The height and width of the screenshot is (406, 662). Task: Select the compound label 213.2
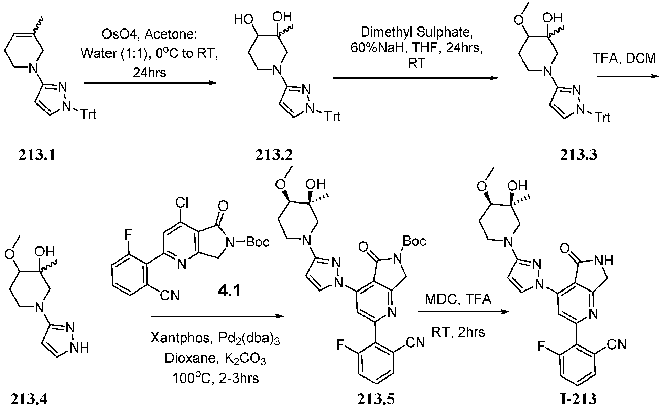click(274, 155)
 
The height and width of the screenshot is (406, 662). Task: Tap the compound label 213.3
click(578, 155)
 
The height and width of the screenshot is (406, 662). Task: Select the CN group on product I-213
click(617, 344)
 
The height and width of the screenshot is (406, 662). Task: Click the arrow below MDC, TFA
click(463, 312)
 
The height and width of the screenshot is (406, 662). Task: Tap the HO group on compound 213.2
click(242, 19)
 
